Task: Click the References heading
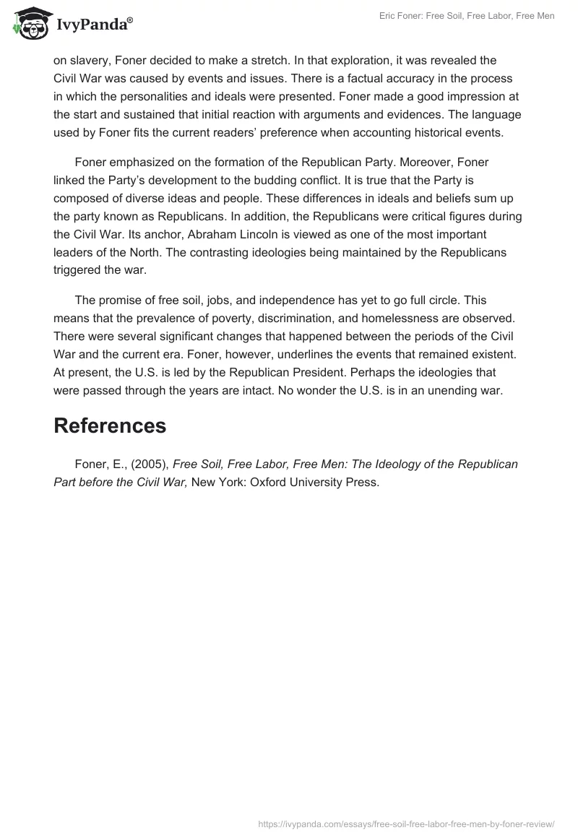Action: click(x=110, y=426)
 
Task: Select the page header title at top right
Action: click(x=467, y=16)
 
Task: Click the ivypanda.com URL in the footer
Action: click(x=405, y=824)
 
